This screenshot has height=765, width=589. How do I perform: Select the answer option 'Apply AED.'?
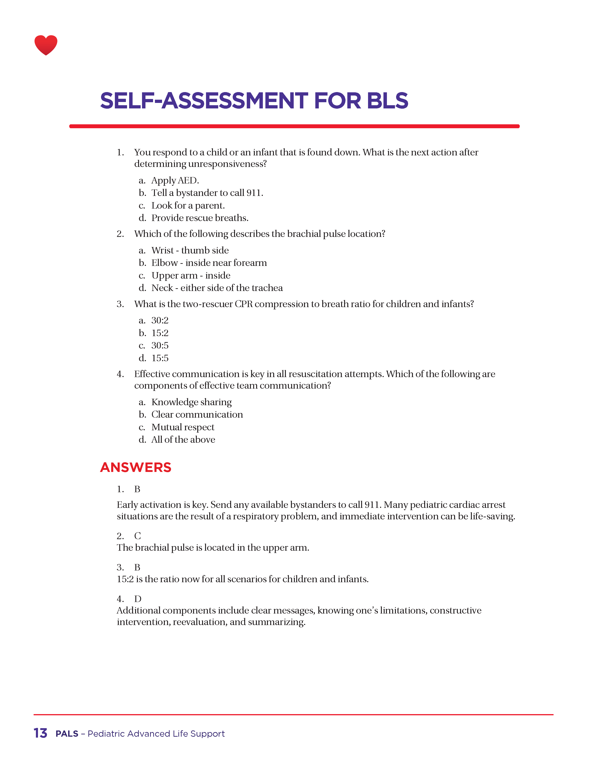(175, 180)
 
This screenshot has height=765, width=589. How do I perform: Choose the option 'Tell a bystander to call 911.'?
(207, 193)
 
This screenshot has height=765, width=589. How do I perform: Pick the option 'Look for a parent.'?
(188, 206)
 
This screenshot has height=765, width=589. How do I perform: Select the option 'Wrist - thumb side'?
(190, 250)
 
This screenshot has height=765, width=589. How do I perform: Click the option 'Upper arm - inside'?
(191, 276)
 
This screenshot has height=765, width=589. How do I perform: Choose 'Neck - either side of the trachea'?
(217, 288)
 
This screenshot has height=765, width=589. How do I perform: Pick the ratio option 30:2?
(160, 320)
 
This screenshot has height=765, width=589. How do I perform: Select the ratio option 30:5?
(160, 346)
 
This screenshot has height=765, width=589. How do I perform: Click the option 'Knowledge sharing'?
(191, 402)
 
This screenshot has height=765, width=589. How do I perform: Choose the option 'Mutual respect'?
(183, 427)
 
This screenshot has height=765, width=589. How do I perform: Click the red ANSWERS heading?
(136, 467)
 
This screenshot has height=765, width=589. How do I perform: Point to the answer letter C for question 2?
(137, 536)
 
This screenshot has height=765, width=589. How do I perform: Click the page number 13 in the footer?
(40, 733)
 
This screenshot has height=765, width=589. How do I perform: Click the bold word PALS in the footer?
(67, 734)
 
